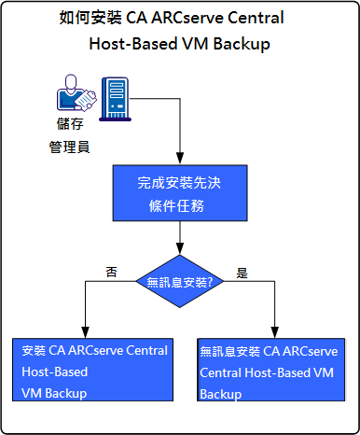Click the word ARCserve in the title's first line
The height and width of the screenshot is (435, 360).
pos(196,19)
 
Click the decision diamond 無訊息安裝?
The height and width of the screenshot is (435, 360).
pos(179,280)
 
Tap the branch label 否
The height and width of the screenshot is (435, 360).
pos(111,273)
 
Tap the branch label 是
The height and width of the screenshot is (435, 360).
pos(242,274)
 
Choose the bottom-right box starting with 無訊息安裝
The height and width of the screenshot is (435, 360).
pos(270,372)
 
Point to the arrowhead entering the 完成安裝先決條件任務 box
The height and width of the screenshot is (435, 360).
pos(178,160)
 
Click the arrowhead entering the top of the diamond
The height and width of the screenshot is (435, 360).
pos(179,249)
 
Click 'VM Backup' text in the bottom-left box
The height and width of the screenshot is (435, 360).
pos(54,393)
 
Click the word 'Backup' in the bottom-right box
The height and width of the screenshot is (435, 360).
pos(221,394)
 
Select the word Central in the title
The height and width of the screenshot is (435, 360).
pos(256,19)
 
